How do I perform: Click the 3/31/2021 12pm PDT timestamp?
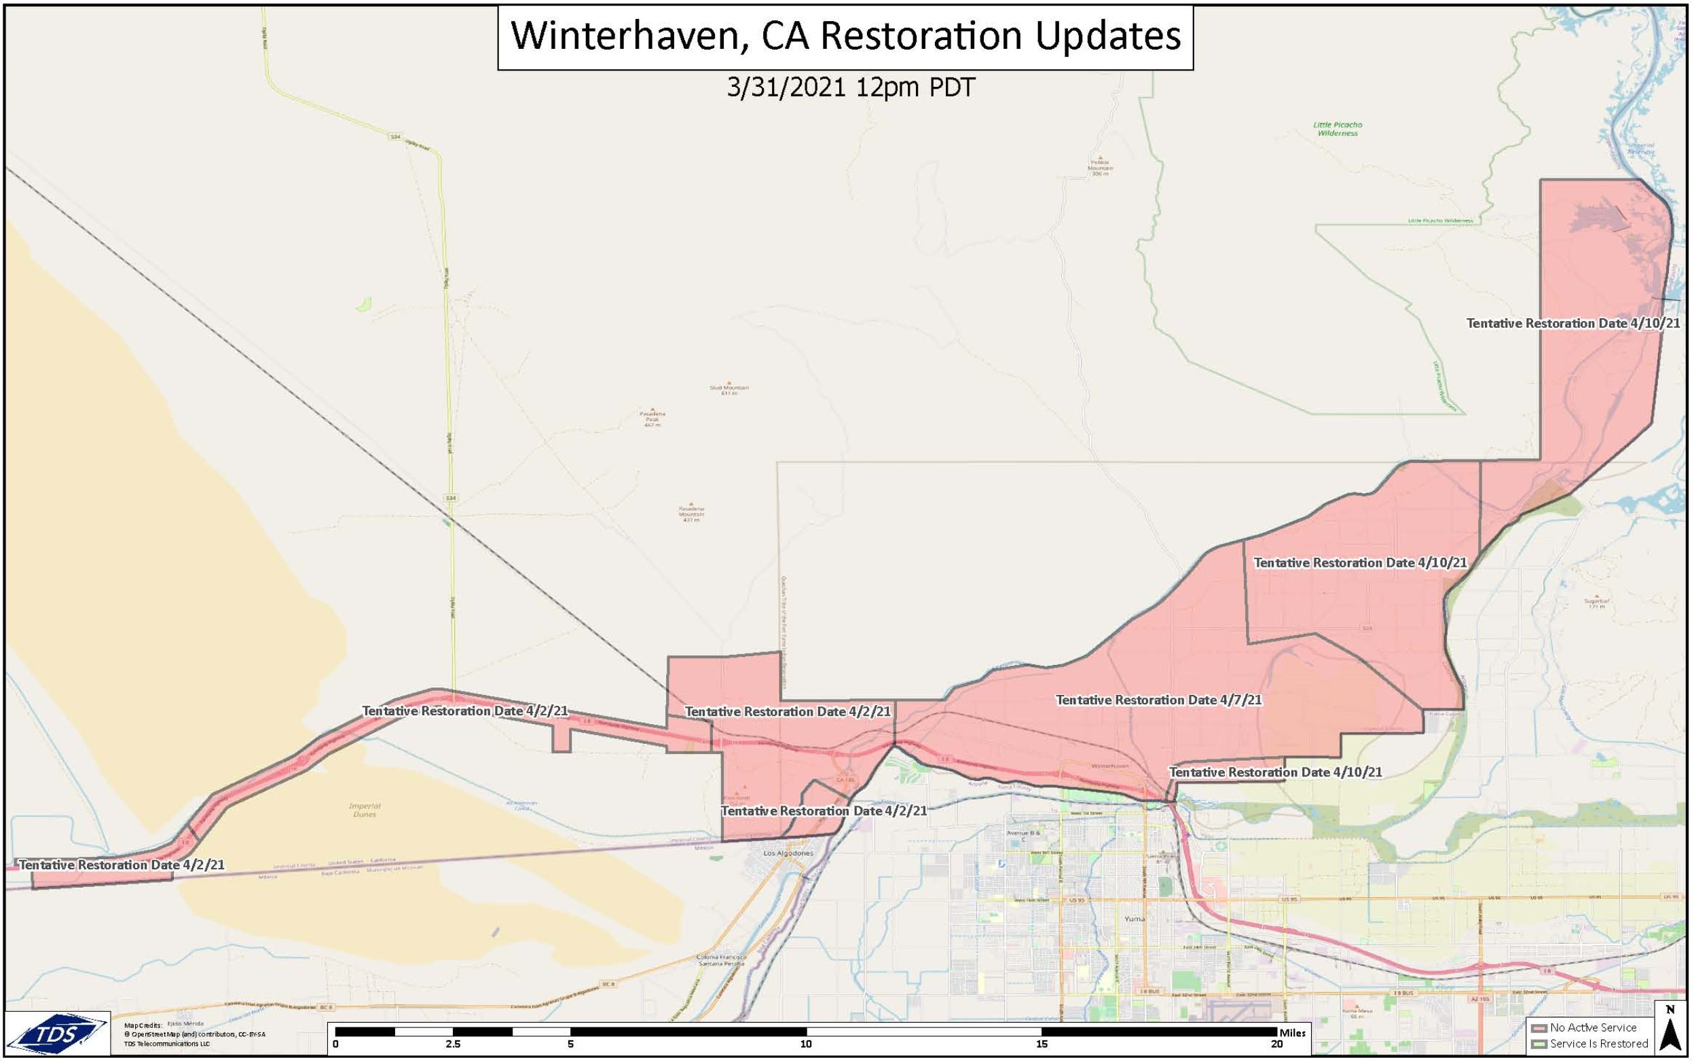851,88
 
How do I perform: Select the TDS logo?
58,1033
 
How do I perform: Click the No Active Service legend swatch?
1540,1028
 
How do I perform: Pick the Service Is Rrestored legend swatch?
1540,1044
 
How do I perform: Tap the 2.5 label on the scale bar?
453,1044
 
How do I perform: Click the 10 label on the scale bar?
806,1044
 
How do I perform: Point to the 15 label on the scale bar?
1042,1044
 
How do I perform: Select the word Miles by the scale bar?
1293,1033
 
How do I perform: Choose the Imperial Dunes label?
365,810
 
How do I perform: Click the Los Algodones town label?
788,854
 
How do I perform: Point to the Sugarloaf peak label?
1596,603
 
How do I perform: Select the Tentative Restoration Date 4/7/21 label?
1158,700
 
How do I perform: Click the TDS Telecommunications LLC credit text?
166,1044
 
